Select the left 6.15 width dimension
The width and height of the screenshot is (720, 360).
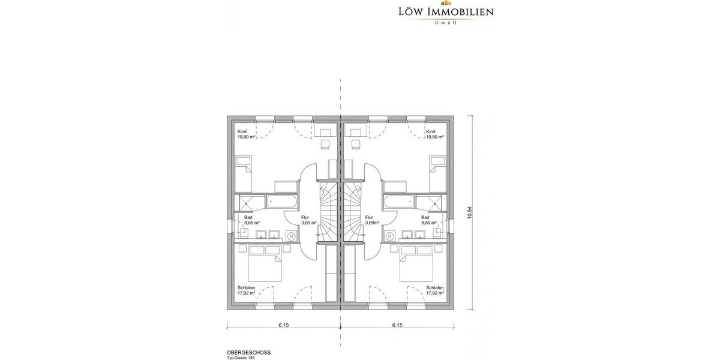click(284, 326)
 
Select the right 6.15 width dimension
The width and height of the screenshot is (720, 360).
click(397, 326)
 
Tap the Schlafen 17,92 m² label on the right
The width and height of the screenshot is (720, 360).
click(435, 290)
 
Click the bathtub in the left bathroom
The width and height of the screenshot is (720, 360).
click(280, 201)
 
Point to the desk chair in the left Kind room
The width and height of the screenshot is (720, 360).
click(326, 144)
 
